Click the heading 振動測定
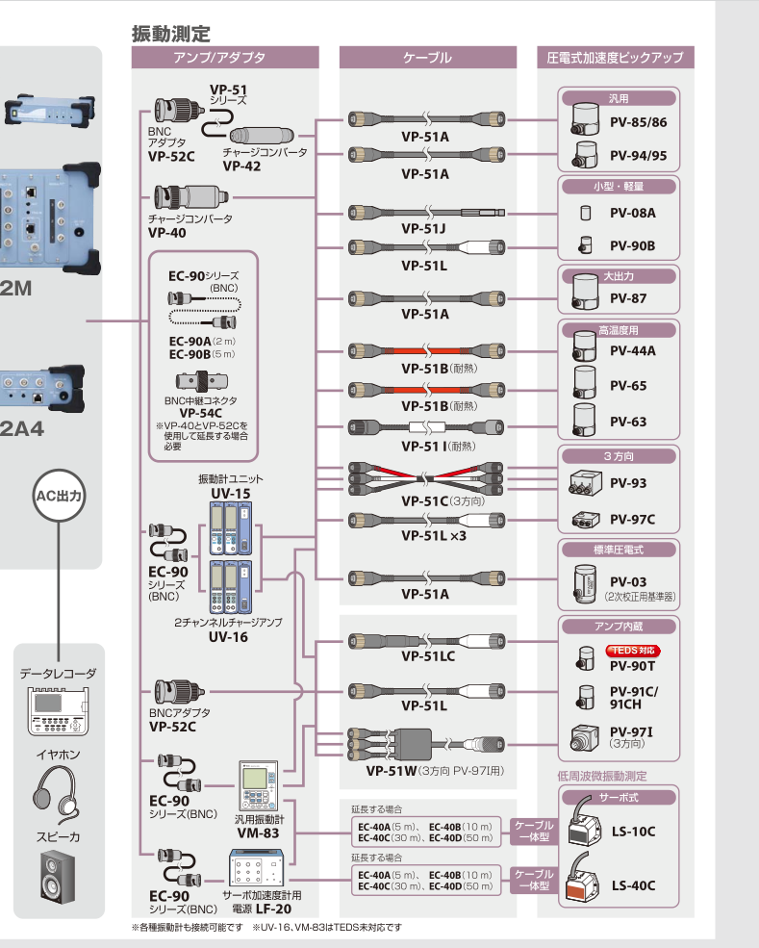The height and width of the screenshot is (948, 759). [x=170, y=34]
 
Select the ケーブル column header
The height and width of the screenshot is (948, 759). [x=427, y=58]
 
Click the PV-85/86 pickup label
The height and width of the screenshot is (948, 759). [x=638, y=123]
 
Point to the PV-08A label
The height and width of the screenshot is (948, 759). [x=632, y=213]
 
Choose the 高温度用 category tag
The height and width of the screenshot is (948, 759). [x=619, y=330]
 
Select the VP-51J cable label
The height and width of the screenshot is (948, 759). [x=424, y=229]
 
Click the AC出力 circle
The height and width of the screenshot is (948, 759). [x=60, y=497]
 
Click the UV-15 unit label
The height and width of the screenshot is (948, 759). [x=230, y=493]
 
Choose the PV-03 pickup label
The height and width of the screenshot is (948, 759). [x=629, y=582]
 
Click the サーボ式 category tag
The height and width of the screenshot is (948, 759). [x=619, y=798]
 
